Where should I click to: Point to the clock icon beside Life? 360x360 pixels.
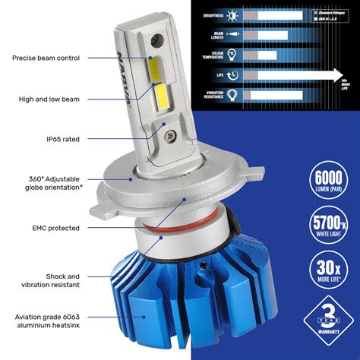tap(232, 74)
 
